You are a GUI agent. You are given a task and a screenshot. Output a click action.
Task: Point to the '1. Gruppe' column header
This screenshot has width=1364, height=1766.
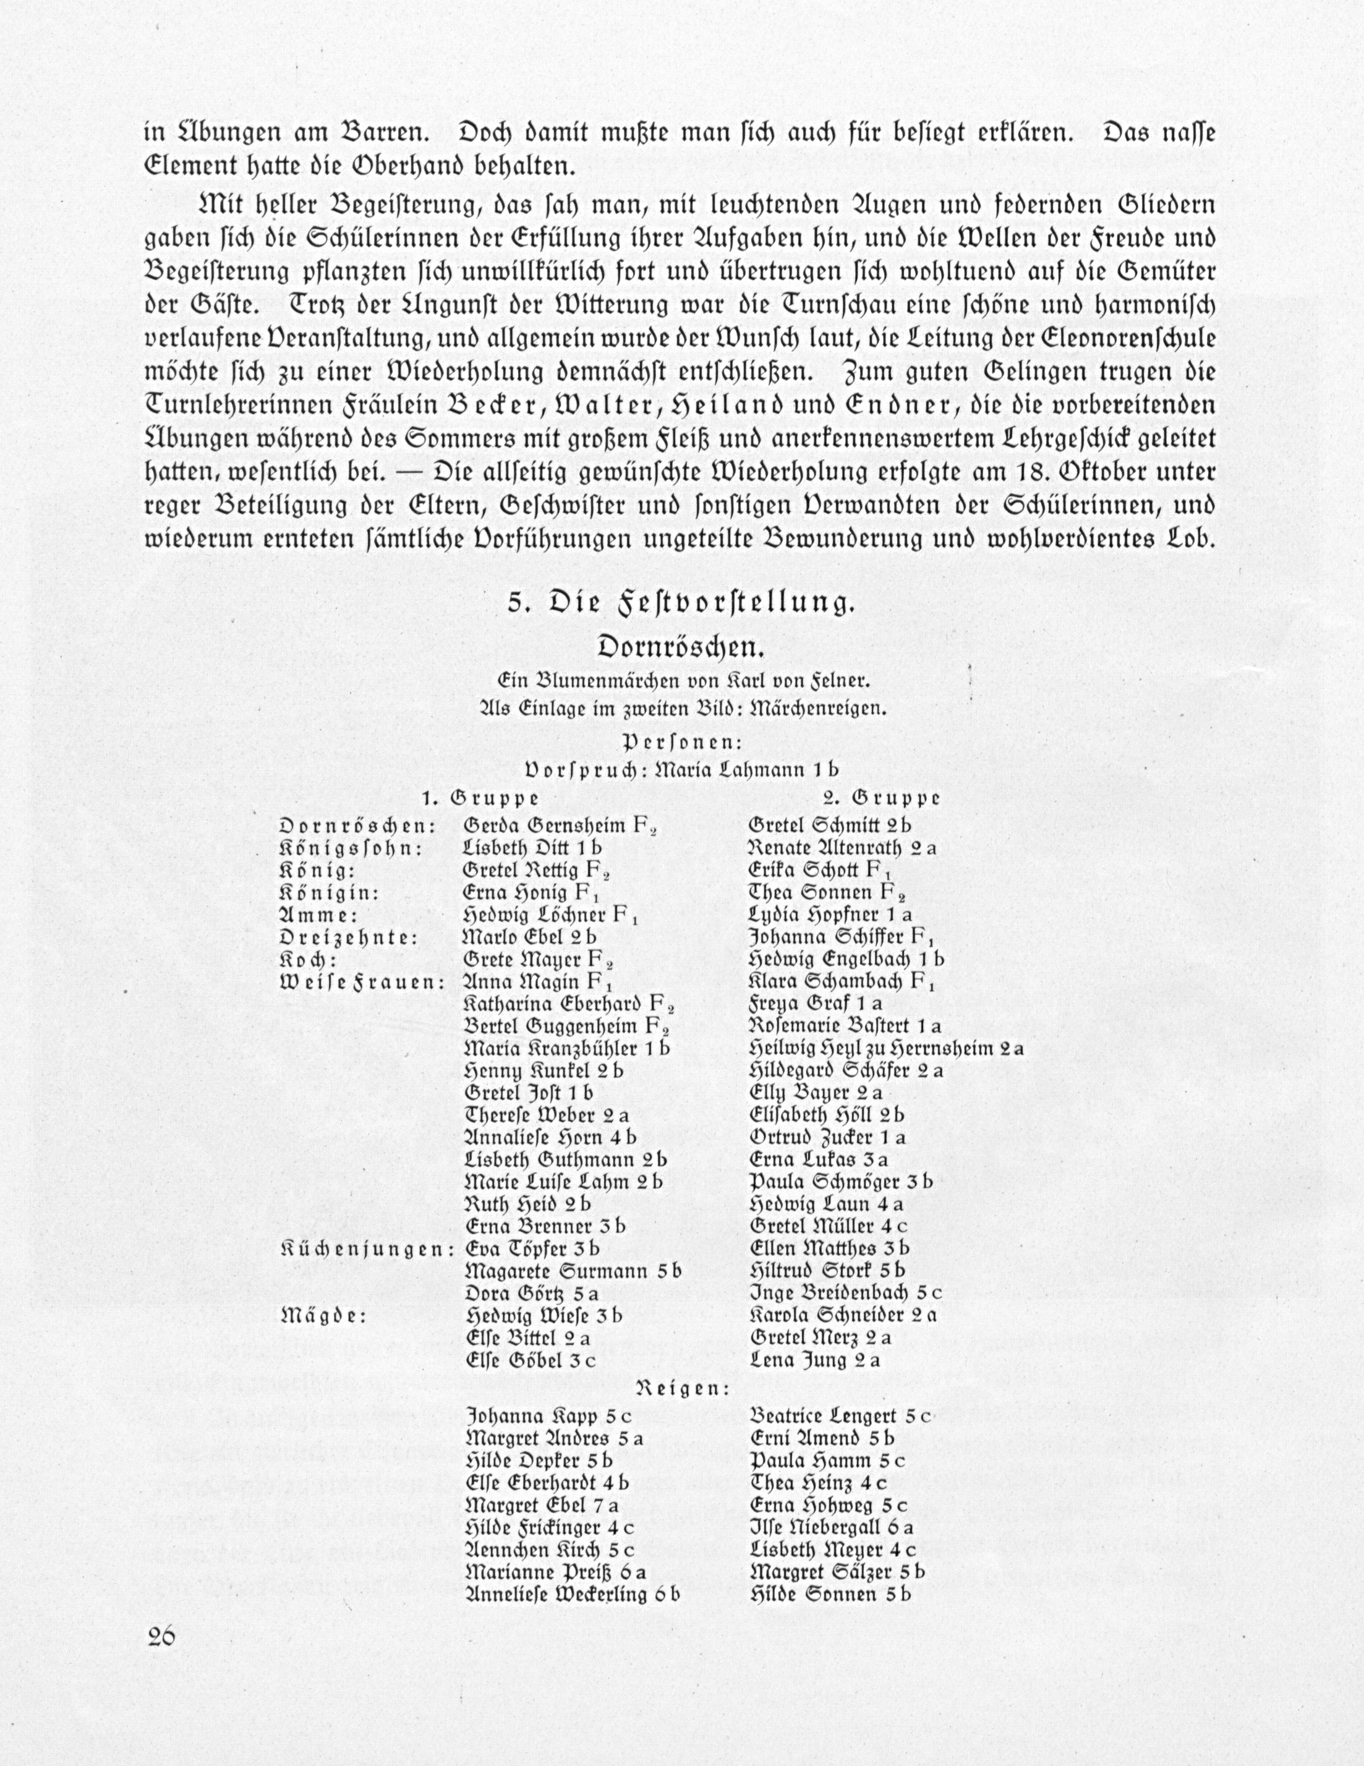[480, 798]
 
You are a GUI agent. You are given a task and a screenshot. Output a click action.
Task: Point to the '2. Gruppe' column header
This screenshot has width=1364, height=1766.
[881, 798]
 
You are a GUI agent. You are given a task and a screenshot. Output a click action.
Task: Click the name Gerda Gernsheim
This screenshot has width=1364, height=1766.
[545, 825]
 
